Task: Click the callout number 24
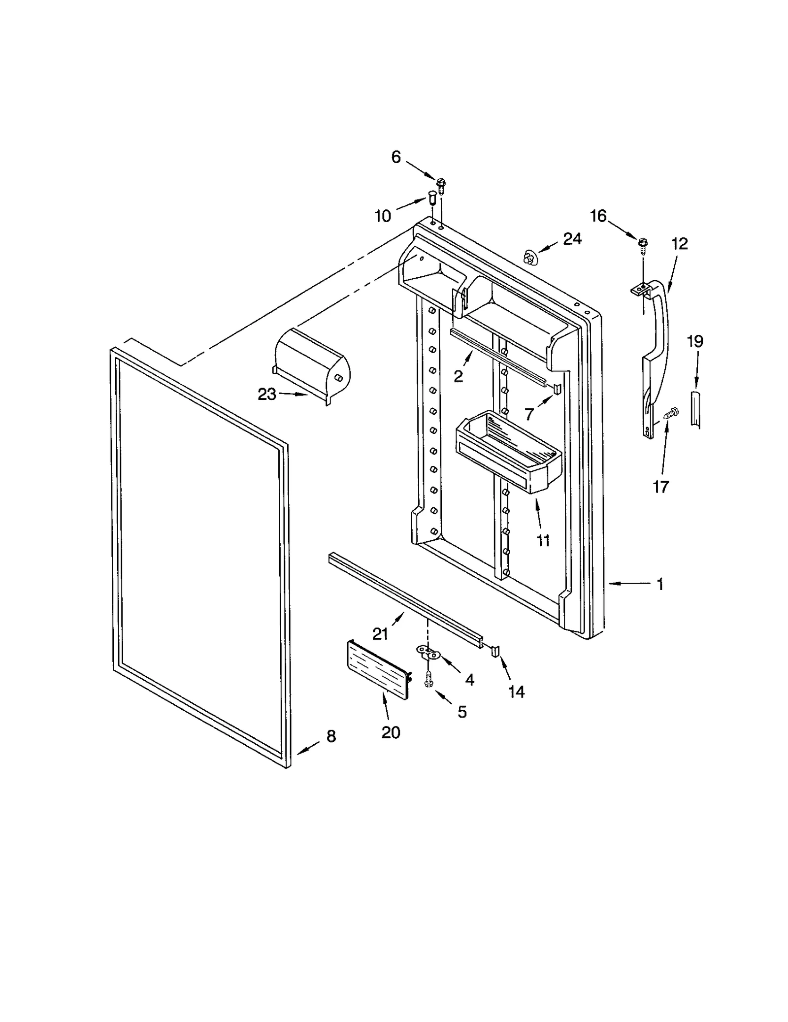(x=572, y=239)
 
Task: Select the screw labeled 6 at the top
(x=441, y=184)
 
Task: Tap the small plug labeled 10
(x=432, y=199)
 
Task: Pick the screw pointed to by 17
(x=670, y=411)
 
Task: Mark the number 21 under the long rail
(x=380, y=634)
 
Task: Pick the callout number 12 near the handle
(x=679, y=244)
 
